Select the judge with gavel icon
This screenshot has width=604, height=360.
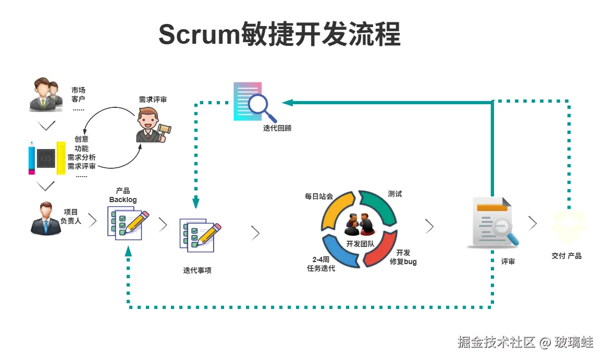tap(152, 125)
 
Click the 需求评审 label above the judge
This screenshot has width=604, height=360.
tap(153, 100)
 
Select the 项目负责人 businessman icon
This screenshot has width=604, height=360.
tap(45, 219)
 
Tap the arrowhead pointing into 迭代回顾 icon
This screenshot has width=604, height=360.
tap(287, 103)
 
